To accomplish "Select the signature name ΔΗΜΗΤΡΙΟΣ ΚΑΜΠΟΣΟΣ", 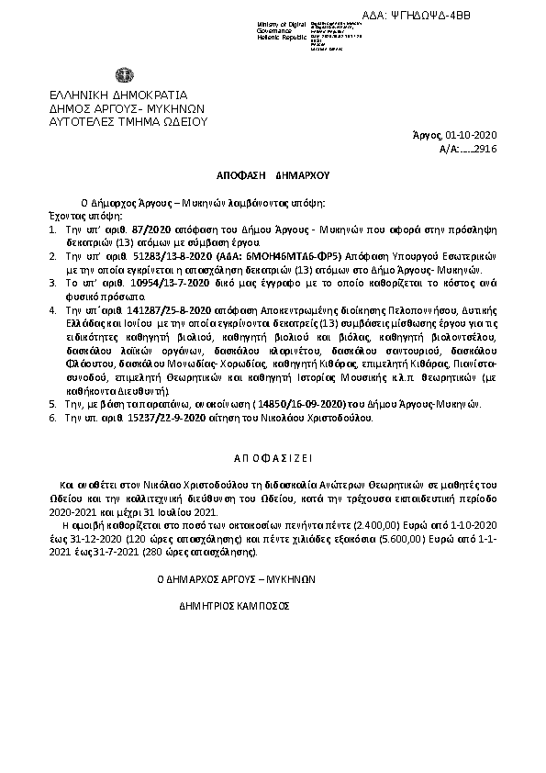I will tap(234, 607).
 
